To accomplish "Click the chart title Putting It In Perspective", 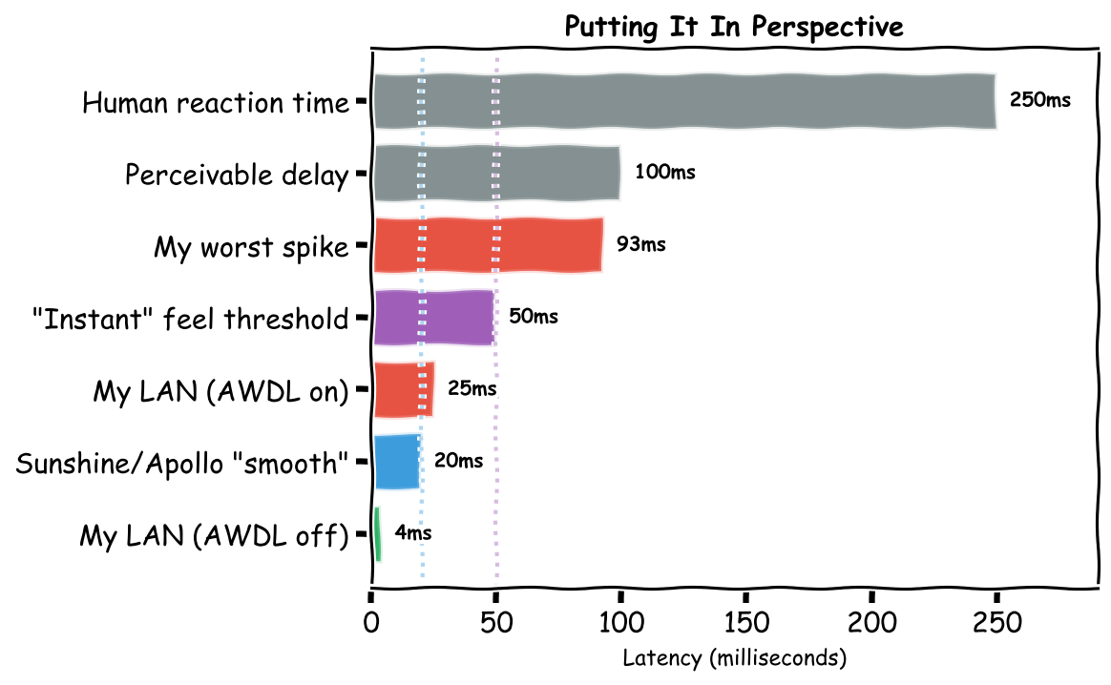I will click(733, 27).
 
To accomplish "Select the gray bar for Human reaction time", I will click(683, 101).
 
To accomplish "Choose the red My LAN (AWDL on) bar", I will click(403, 389).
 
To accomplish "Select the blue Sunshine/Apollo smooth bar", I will click(396, 461).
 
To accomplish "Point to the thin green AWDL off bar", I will click(377, 533).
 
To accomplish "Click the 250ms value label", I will click(1039, 100).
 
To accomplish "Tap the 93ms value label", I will click(640, 244).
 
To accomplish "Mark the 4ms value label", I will click(412, 533).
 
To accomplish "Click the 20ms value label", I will click(458, 461).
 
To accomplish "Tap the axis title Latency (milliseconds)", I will click(734, 658).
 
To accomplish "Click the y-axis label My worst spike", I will click(251, 248).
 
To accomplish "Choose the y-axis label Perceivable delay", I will click(237, 176).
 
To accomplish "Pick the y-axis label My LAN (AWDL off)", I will click(214, 536).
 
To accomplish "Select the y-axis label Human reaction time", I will click(216, 103).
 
